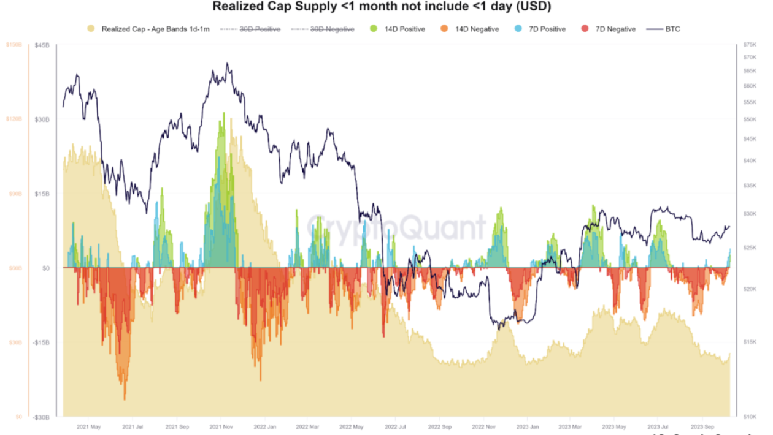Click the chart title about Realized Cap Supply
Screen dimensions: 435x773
pyautogui.click(x=381, y=7)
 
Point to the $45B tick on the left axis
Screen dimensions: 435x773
pyautogui.click(x=42, y=45)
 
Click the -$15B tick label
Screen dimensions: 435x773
pyautogui.click(x=40, y=342)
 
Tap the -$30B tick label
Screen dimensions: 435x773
pyautogui.click(x=40, y=417)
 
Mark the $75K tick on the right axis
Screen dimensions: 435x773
pyautogui.click(x=750, y=45)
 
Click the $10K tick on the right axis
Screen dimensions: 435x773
pyautogui.click(x=750, y=417)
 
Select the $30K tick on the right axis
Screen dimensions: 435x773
pyautogui.click(x=750, y=214)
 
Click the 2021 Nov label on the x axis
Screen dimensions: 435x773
pyautogui.click(x=220, y=426)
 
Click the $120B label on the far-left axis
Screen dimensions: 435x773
pyautogui.click(x=13, y=119)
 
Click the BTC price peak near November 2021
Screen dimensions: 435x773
pyautogui.click(x=228, y=63)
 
